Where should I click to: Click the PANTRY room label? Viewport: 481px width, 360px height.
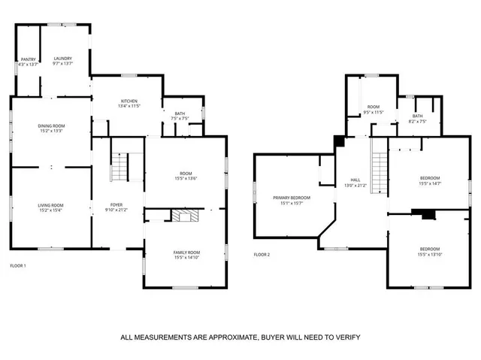click(28, 59)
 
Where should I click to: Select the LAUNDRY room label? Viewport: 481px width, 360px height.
click(63, 59)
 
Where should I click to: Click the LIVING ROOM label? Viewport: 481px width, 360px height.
click(51, 205)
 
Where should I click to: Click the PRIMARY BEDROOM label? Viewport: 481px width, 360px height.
click(292, 197)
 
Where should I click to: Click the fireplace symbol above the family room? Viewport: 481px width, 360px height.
click(183, 216)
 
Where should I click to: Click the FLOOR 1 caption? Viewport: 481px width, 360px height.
click(17, 266)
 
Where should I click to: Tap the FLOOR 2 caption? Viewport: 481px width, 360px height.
click(262, 254)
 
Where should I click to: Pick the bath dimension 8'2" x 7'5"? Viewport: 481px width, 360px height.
click(417, 121)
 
